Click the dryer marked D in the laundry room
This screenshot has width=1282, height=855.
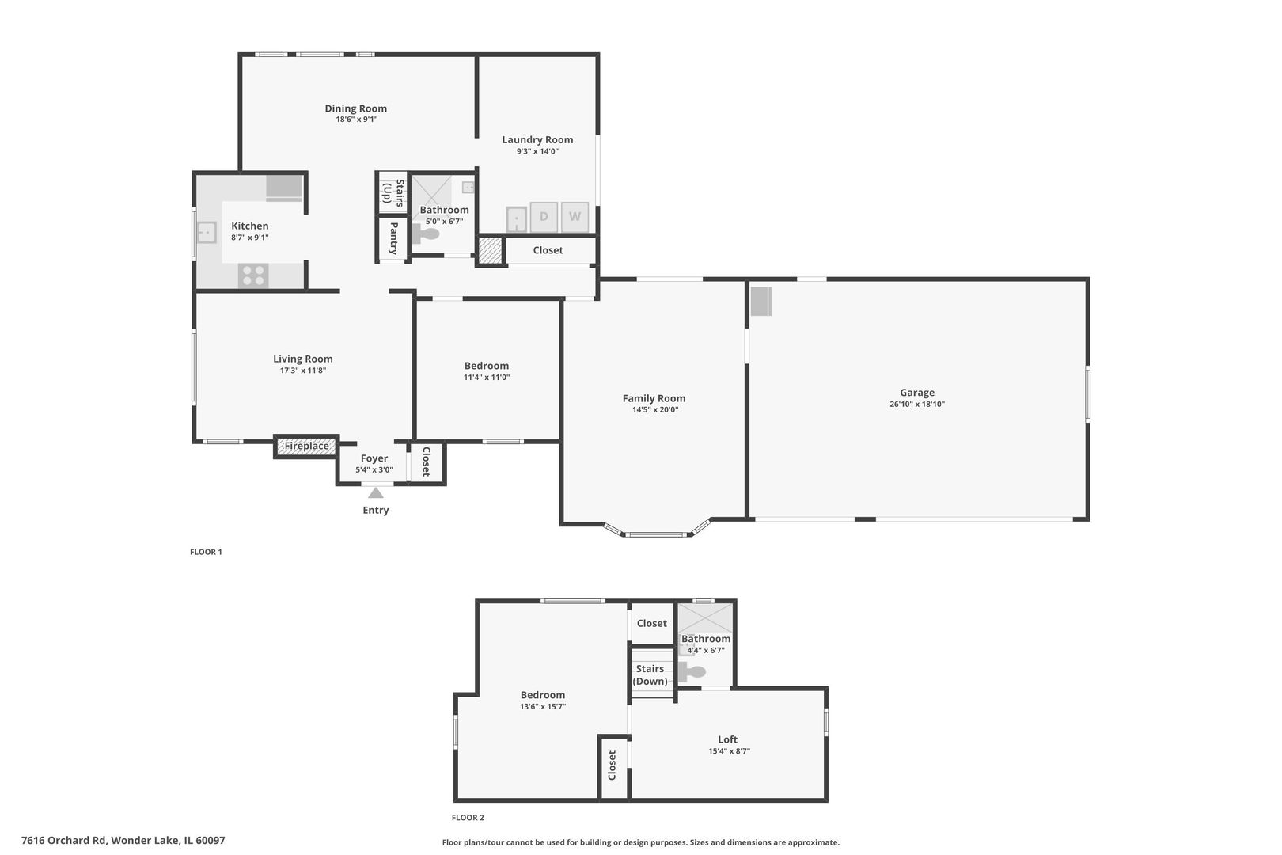click(544, 216)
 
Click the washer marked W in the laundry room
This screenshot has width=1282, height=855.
click(575, 216)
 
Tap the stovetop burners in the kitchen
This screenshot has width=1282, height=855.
click(253, 275)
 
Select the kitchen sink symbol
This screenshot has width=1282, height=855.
click(207, 232)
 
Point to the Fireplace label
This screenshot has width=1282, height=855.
click(306, 446)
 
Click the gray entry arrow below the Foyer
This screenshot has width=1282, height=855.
click(376, 493)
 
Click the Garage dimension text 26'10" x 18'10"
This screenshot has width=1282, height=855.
click(916, 405)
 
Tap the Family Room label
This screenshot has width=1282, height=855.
click(654, 398)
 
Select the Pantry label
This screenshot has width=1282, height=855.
click(393, 238)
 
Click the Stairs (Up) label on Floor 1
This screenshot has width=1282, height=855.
click(393, 192)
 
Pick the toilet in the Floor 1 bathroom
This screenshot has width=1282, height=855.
click(427, 234)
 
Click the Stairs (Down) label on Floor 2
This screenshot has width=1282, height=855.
click(650, 674)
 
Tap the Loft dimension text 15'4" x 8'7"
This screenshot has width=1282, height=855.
click(728, 751)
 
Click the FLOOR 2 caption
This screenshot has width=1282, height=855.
click(468, 818)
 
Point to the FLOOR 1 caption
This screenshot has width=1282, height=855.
click(206, 552)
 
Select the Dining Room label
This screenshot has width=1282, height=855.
click(355, 108)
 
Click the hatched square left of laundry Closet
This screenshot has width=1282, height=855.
click(490, 250)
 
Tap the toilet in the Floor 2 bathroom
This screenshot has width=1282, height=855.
click(693, 672)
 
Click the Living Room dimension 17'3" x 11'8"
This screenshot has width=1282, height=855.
click(302, 370)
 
